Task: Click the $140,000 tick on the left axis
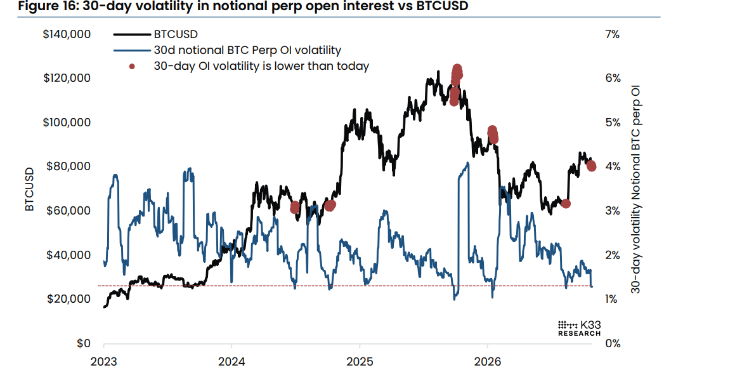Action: pyautogui.click(x=67, y=34)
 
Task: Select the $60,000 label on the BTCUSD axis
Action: pyautogui.click(x=68, y=211)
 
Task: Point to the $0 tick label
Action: pyautogui.click(x=83, y=343)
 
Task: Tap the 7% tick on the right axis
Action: pyautogui.click(x=613, y=34)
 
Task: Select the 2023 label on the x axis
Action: pyautogui.click(x=104, y=362)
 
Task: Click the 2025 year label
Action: pyautogui.click(x=360, y=362)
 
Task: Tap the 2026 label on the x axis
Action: pyautogui.click(x=488, y=362)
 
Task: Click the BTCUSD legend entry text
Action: pyautogui.click(x=176, y=34)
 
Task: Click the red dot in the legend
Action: pyautogui.click(x=132, y=66)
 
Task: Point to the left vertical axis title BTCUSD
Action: pyautogui.click(x=30, y=189)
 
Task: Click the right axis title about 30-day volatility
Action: pyautogui.click(x=635, y=189)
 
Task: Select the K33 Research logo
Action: pyautogui.click(x=579, y=328)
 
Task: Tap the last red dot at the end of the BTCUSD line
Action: pyautogui.click(x=591, y=166)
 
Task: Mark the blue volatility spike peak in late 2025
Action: pyautogui.click(x=467, y=163)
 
